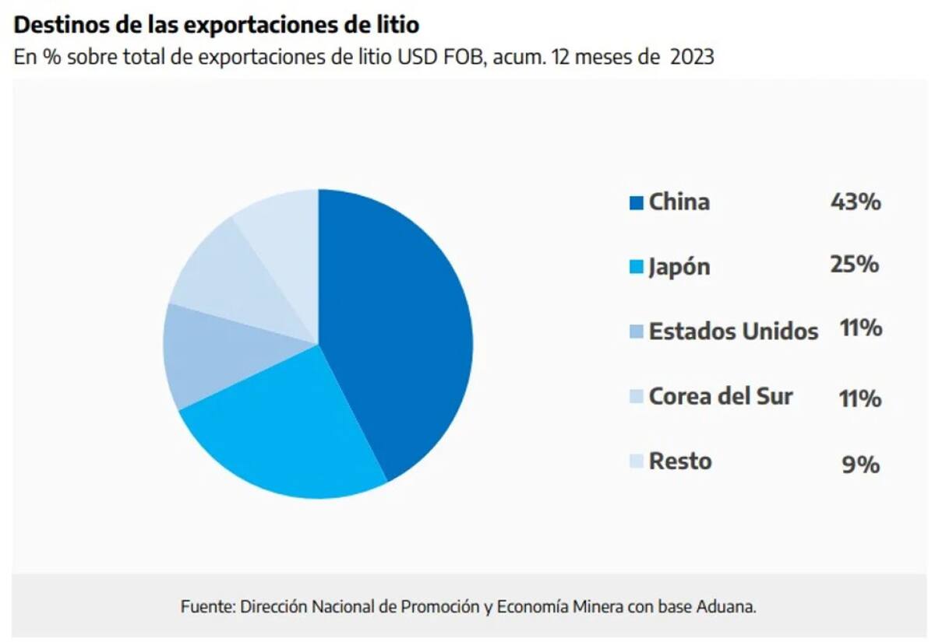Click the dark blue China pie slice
pos(397,327)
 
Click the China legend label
pos(679,202)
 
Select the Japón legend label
pos(679,267)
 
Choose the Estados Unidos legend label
pos(733,332)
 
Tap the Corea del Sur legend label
pos(721,396)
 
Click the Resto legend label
pos(680,461)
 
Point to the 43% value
pos(856,202)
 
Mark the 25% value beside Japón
pos(855,265)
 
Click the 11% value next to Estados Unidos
pos(861,328)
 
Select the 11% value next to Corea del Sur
pos(861,398)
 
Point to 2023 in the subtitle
pos(692,58)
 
